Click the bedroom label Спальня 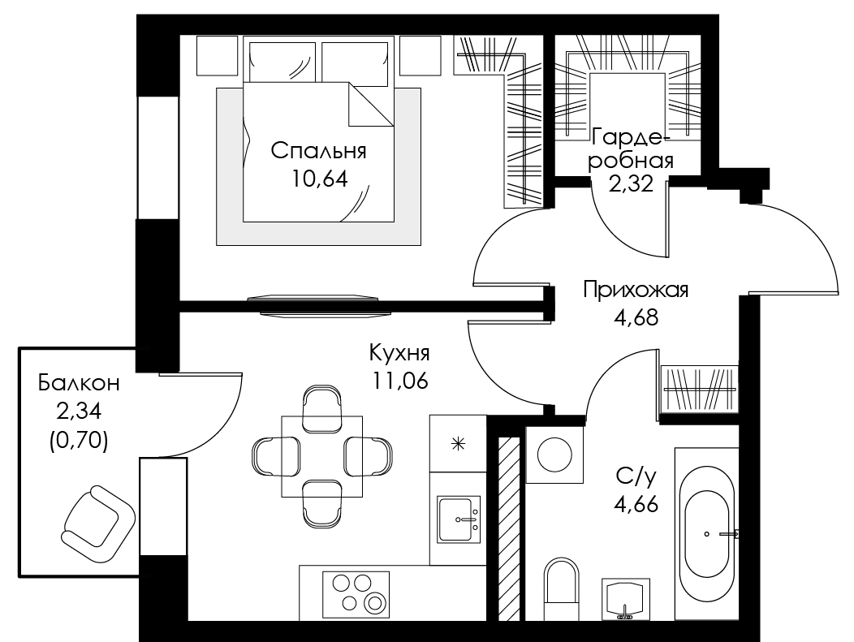(x=318, y=150)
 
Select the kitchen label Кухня (x=399, y=353)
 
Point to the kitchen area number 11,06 (x=399, y=380)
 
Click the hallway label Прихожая (x=636, y=291)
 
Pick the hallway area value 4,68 (x=636, y=317)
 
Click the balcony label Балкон (x=79, y=382)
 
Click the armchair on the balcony (x=97, y=519)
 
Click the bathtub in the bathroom (x=709, y=533)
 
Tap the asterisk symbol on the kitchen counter (x=457, y=443)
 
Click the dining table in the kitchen (x=321, y=455)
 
